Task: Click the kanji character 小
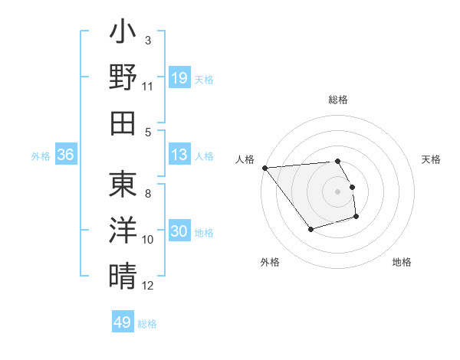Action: click(x=123, y=34)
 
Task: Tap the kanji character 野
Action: click(x=123, y=78)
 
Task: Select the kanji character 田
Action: click(x=123, y=123)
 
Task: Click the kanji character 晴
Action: click(x=123, y=275)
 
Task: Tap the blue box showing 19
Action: click(x=179, y=77)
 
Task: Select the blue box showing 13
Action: click(x=179, y=155)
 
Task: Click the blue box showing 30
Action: click(x=179, y=232)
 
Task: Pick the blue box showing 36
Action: click(x=65, y=155)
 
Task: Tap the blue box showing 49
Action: click(x=123, y=322)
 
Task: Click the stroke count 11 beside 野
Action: click(x=148, y=86)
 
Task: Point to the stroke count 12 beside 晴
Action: click(x=148, y=285)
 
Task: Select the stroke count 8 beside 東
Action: click(x=148, y=184)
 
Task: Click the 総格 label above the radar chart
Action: click(x=338, y=100)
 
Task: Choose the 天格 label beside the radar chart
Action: click(x=431, y=159)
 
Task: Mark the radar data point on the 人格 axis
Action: click(x=264, y=167)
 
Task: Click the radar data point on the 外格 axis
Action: click(x=310, y=229)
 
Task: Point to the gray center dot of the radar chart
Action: click(x=338, y=191)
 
